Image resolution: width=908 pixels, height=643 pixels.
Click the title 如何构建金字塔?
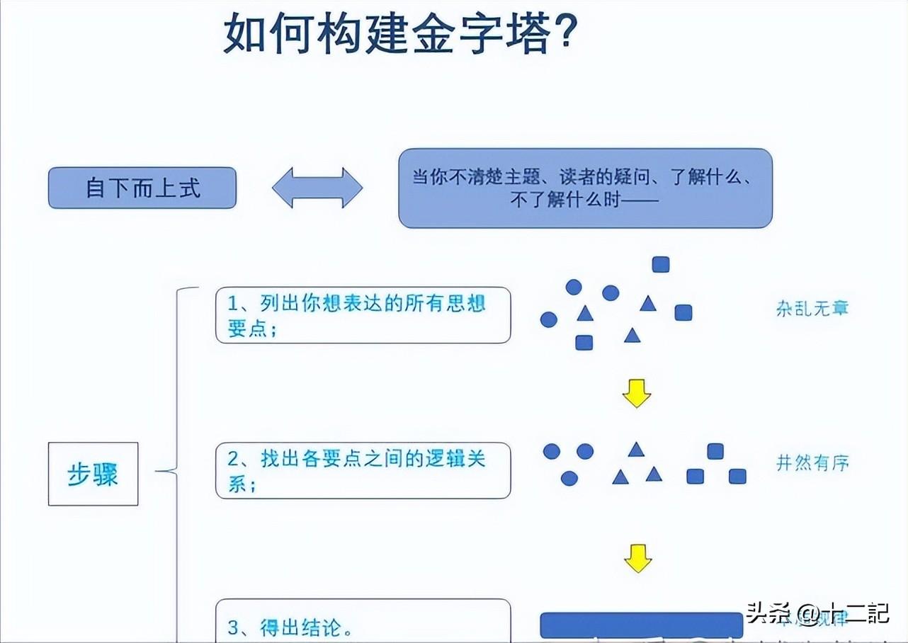pyautogui.click(x=399, y=33)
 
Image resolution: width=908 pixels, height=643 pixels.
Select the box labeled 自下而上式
pyautogui.click(x=142, y=188)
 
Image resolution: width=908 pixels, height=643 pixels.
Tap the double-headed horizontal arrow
pyautogui.click(x=317, y=188)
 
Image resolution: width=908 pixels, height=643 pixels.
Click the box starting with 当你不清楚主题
pyautogui.click(x=585, y=188)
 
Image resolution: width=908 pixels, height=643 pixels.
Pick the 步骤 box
pyautogui.click(x=93, y=474)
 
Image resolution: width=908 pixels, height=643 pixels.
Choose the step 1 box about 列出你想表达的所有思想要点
pyautogui.click(x=363, y=315)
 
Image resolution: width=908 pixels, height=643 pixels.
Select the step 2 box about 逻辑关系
pyautogui.click(x=363, y=471)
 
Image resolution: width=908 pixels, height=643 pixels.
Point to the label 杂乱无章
pyautogui.click(x=812, y=308)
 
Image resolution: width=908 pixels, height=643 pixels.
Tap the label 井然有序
pyautogui.click(x=812, y=463)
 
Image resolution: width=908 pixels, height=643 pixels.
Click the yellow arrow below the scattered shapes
pyautogui.click(x=636, y=394)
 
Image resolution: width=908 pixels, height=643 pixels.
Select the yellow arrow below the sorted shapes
pyautogui.click(x=637, y=558)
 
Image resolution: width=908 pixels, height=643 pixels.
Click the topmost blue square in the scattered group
pyautogui.click(x=661, y=264)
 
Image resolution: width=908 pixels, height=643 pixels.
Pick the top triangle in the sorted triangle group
pyautogui.click(x=636, y=449)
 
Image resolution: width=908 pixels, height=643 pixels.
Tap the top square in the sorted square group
pyautogui.click(x=715, y=451)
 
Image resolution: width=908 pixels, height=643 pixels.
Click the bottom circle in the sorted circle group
pyautogui.click(x=569, y=478)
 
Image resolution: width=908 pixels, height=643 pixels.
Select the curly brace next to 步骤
pyautogui.click(x=174, y=467)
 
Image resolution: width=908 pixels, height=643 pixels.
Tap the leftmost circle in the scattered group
pyautogui.click(x=549, y=319)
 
